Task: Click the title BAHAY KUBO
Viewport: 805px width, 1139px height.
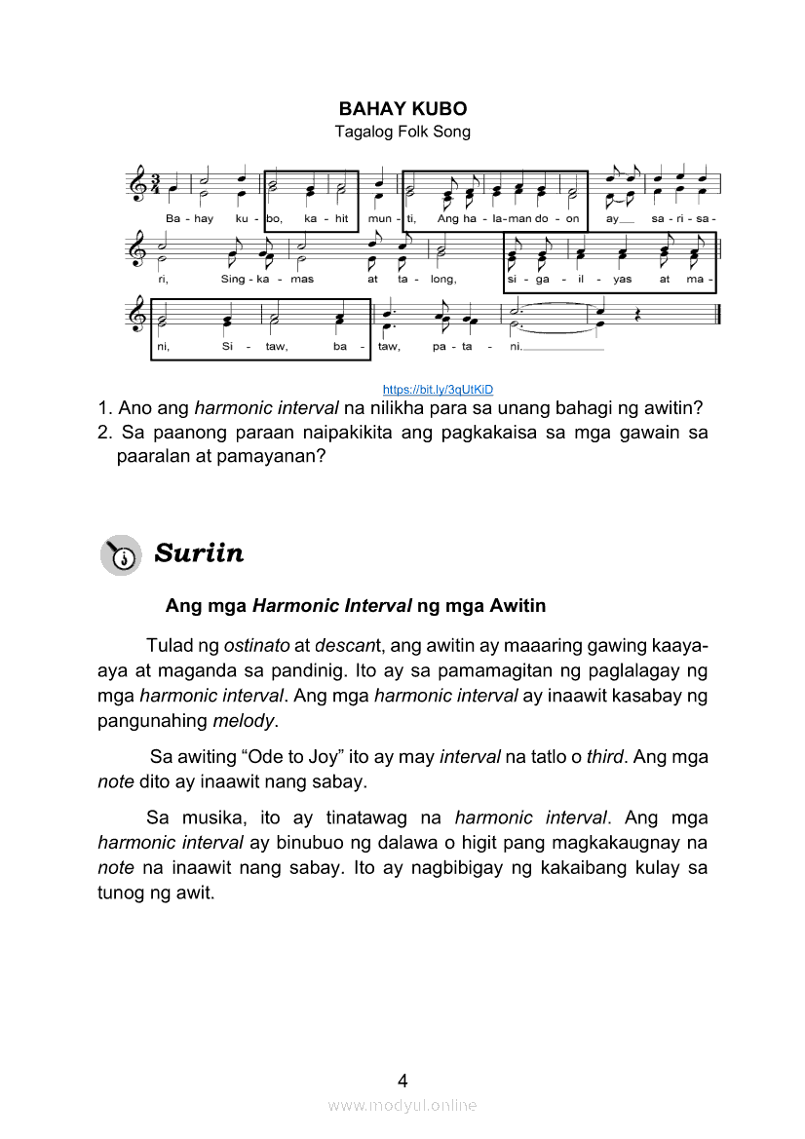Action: [x=402, y=108]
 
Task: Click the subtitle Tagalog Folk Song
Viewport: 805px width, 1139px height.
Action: [x=402, y=132]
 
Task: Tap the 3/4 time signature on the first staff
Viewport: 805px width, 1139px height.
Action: [x=155, y=184]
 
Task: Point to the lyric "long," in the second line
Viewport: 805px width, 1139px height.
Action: [x=442, y=279]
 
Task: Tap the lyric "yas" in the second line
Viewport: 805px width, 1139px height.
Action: [x=623, y=279]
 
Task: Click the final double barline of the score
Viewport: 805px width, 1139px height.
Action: [x=716, y=315]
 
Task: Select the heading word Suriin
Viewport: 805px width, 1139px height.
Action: [x=199, y=553]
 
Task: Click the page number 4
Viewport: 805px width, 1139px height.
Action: [x=402, y=1080]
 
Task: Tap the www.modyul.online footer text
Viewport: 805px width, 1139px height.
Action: [x=402, y=1105]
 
